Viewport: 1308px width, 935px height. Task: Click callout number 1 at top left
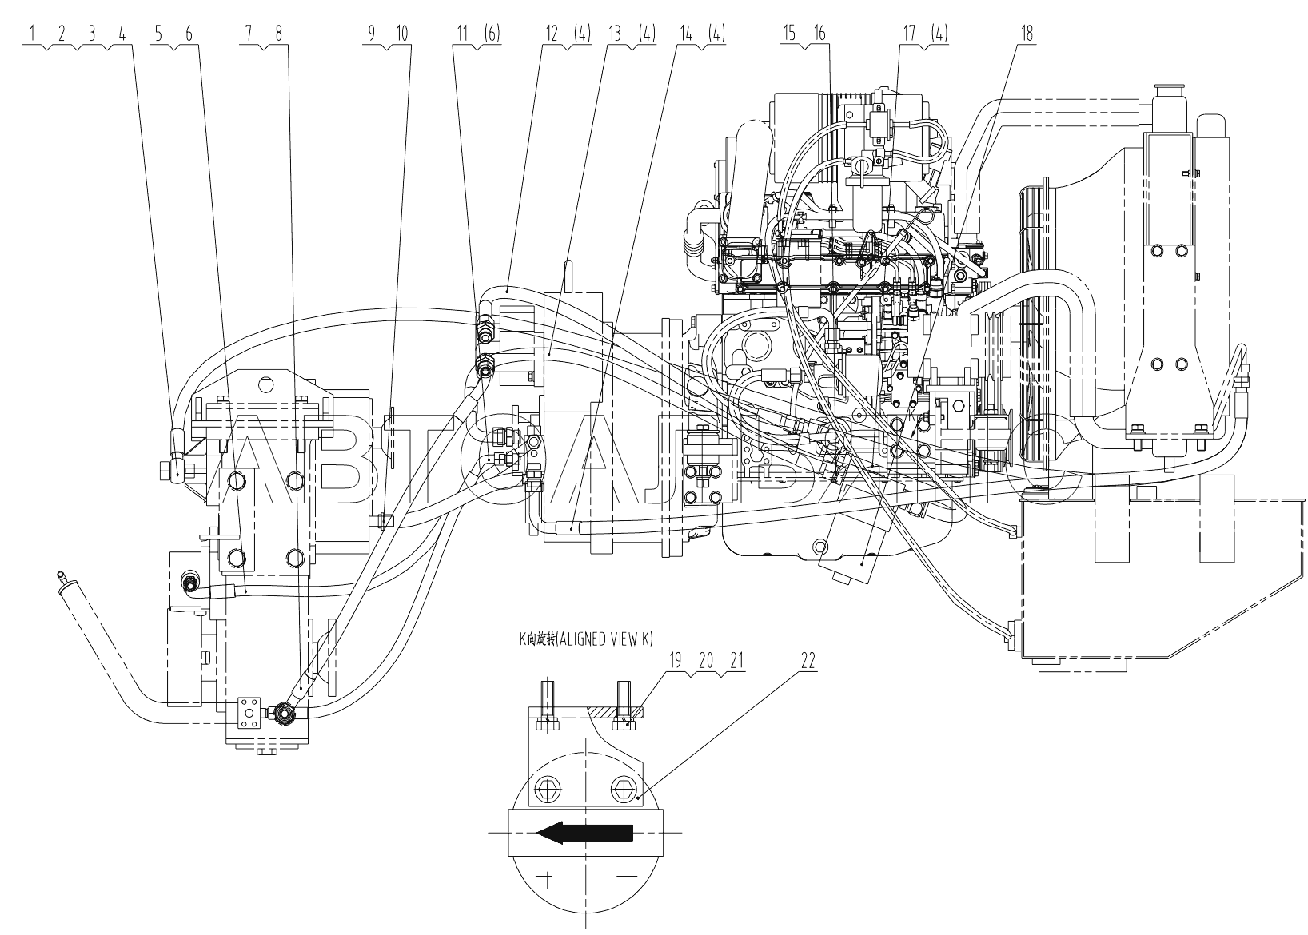32,34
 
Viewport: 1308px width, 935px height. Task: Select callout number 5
158,34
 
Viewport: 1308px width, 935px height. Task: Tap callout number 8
278,34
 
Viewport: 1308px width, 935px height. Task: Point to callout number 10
401,34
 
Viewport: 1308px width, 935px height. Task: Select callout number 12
551,34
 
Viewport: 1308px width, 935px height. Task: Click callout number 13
615,34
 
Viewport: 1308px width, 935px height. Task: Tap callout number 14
685,34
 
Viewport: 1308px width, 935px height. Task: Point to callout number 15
790,34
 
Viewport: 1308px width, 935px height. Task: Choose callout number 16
819,34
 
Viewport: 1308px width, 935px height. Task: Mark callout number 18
1027,34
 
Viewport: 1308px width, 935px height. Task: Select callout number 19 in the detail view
676,662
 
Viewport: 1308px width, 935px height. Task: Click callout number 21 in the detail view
736,662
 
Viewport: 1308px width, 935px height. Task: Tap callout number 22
808,662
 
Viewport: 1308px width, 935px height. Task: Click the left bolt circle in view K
547,790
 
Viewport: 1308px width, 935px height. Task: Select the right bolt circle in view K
623,790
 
